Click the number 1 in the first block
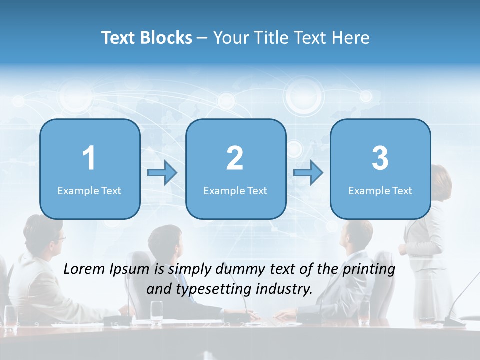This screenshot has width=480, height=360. [89, 158]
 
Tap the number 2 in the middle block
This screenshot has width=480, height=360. [235, 158]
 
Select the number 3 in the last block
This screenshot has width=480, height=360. [380, 158]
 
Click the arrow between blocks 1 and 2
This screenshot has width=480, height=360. [162, 173]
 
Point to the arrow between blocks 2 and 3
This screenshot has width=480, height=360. [308, 173]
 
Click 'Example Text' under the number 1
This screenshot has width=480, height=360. [89, 190]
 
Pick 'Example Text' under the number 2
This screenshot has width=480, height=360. [235, 190]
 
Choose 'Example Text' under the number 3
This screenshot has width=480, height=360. [380, 190]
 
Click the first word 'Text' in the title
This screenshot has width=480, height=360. [119, 38]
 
